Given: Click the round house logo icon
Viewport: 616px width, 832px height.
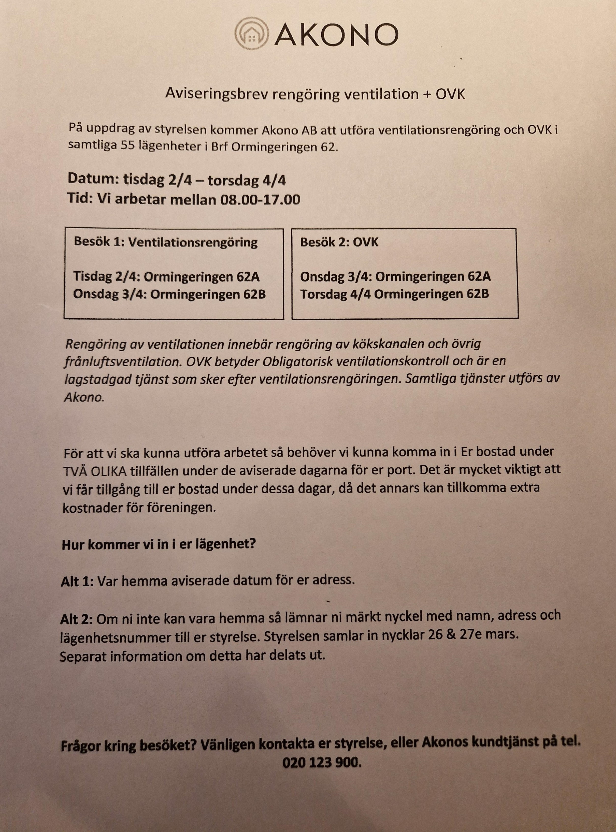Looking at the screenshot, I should pyautogui.click(x=252, y=34).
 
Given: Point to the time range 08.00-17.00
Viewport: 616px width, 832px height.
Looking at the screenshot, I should pyautogui.click(x=260, y=200).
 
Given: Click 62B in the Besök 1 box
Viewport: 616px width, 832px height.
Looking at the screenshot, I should pyautogui.click(x=255, y=294).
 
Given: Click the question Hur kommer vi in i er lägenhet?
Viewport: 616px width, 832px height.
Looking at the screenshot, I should pyautogui.click(x=159, y=545).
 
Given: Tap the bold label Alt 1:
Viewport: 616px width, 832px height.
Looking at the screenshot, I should pyautogui.click(x=77, y=582).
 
